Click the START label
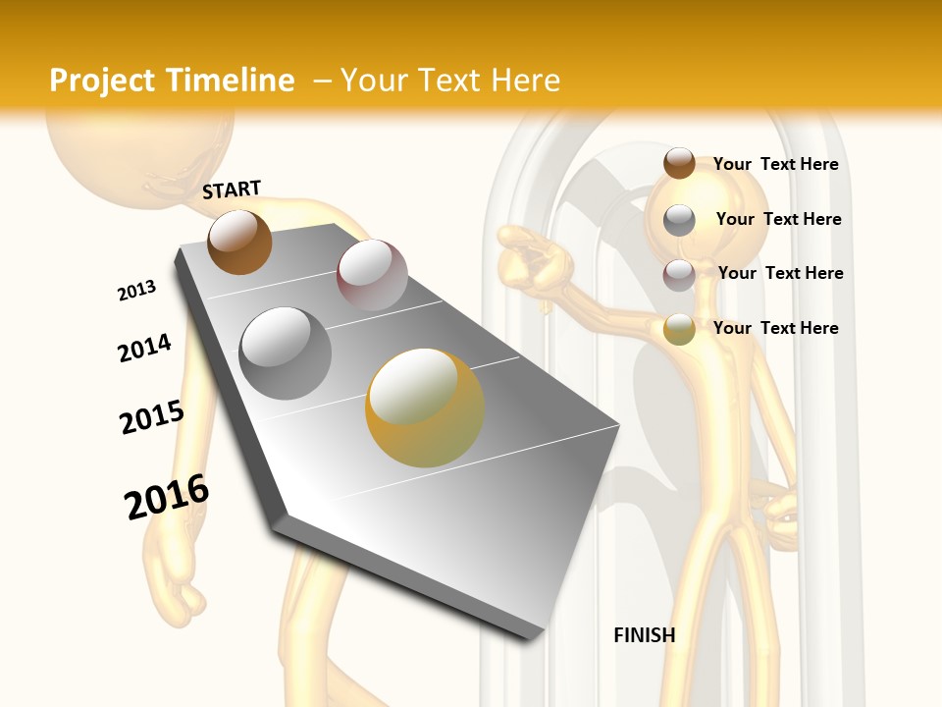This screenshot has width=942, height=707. [x=232, y=190]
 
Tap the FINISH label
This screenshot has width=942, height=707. [x=645, y=635]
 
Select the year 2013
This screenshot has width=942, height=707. [x=136, y=291]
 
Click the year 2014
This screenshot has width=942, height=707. [x=144, y=349]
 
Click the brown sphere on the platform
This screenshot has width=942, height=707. [x=239, y=242]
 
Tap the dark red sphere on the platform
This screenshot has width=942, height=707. [x=372, y=274]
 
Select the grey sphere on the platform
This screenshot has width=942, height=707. [x=285, y=353]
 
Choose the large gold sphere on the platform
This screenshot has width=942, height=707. [x=425, y=408]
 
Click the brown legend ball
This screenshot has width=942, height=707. [x=679, y=164]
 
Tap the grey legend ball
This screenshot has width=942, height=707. [x=679, y=220]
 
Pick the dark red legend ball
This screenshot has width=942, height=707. [x=679, y=275]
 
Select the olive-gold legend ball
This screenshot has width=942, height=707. [x=679, y=330]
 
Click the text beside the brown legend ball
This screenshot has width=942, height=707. [x=775, y=164]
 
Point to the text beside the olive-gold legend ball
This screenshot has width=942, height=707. [x=775, y=328]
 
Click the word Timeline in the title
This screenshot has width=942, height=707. [x=232, y=81]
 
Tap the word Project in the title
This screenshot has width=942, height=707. [x=103, y=81]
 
